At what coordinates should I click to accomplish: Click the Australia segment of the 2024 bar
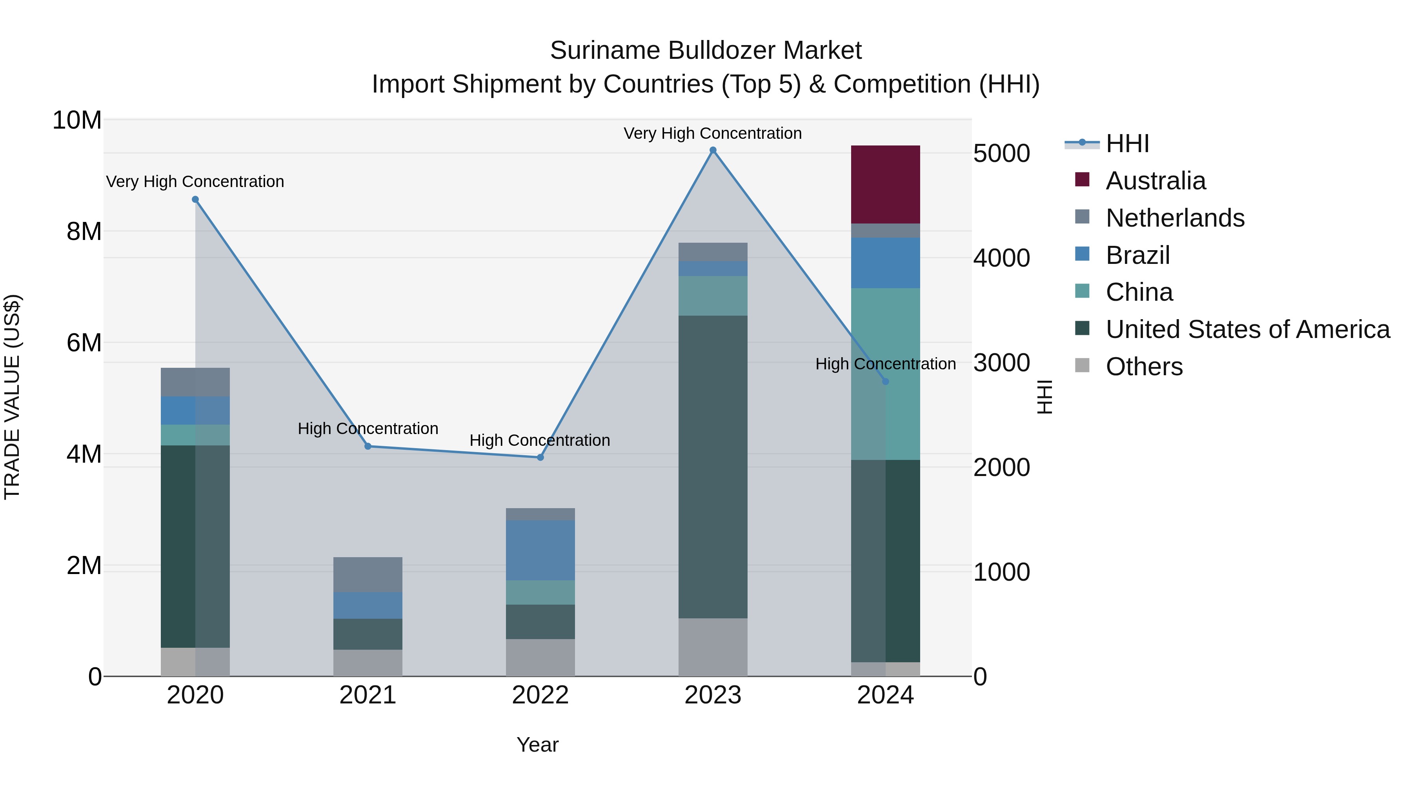click(885, 184)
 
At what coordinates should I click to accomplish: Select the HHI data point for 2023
click(713, 150)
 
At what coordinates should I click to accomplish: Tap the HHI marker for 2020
click(195, 200)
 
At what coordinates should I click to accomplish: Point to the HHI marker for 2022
click(540, 457)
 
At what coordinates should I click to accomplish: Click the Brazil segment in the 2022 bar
click(540, 550)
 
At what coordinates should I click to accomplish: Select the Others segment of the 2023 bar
click(713, 647)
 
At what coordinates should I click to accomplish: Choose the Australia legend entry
click(1155, 181)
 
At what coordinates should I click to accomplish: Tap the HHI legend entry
click(1127, 144)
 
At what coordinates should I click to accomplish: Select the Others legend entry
click(1144, 367)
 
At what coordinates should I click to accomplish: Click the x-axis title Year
click(537, 745)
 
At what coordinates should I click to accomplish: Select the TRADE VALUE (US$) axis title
click(12, 397)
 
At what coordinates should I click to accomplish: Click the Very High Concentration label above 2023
click(713, 133)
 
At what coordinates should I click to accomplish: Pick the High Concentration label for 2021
click(368, 429)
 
